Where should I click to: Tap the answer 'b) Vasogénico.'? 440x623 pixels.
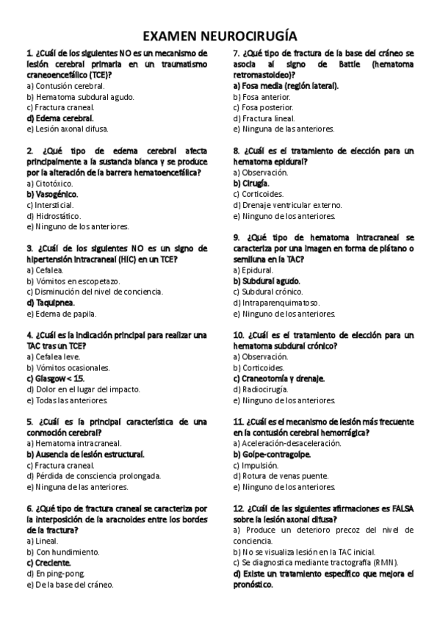coord(51,194)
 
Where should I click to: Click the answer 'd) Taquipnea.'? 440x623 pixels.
coord(50,303)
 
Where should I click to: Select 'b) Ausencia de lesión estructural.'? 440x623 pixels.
coord(84,454)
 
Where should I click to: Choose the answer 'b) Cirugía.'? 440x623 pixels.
coord(250,183)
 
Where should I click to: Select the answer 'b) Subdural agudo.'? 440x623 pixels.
coord(266,281)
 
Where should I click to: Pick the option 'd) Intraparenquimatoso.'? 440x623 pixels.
coord(275,303)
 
